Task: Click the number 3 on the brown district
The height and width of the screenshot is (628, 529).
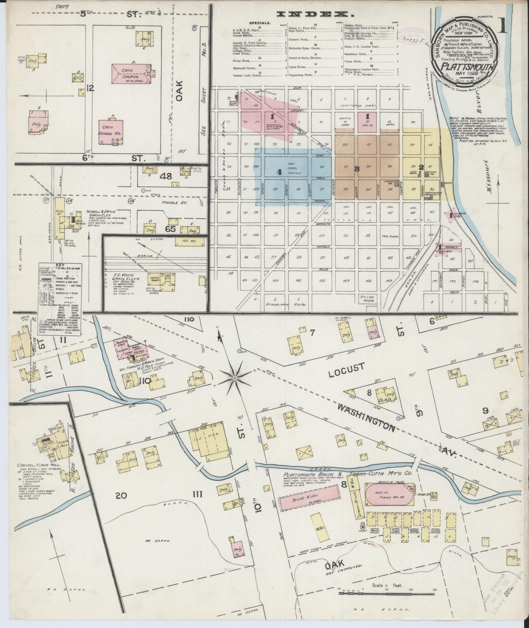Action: click(357, 169)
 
